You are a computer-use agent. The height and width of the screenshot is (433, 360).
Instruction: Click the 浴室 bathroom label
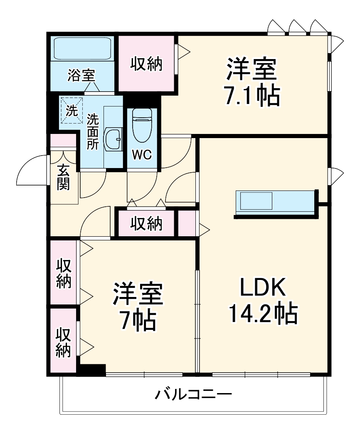pos(81,76)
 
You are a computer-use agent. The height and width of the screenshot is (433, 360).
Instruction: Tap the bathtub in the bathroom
pos(81,50)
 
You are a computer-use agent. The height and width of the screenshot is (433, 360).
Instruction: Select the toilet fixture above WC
pos(142,125)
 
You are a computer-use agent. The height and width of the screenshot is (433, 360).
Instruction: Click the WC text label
pos(142,155)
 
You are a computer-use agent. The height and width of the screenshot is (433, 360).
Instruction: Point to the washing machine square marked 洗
pos(72,111)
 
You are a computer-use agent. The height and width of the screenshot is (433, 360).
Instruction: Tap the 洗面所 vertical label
pos(92,132)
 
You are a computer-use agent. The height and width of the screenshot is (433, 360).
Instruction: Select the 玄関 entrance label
pos(63,177)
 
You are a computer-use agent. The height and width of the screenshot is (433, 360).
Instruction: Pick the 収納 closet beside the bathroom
pos(146,64)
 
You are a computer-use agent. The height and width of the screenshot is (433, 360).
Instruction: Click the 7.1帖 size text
pos(252,96)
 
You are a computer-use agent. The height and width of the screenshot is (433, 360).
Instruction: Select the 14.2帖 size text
pos(262,314)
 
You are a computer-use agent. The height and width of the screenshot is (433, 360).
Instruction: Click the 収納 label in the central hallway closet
pos(146,224)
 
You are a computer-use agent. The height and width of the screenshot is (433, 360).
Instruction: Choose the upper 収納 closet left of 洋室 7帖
pos(64,274)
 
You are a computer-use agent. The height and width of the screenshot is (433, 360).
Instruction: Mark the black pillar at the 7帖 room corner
pos(92,369)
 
